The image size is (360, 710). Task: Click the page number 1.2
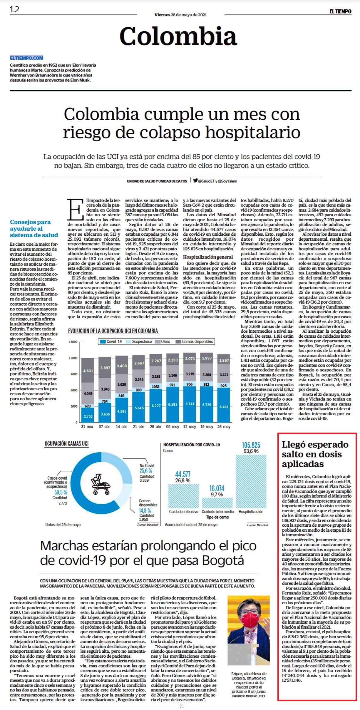click(x=14, y=9)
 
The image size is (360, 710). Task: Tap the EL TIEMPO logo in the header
click(x=340, y=11)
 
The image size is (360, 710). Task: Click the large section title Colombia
click(x=178, y=36)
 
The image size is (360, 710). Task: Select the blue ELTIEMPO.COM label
click(x=26, y=58)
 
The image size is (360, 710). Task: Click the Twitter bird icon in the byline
click(x=195, y=181)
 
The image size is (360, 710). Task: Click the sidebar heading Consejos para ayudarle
click(x=34, y=228)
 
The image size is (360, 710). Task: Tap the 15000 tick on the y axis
click(x=73, y=342)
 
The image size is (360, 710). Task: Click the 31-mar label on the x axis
click(x=87, y=426)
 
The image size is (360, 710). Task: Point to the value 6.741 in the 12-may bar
click(x=190, y=404)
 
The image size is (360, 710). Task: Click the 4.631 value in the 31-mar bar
click(x=88, y=371)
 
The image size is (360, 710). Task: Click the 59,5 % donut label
click(x=61, y=492)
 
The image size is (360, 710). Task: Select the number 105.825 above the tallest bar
click(x=251, y=445)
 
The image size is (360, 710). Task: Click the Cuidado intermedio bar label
click(x=218, y=512)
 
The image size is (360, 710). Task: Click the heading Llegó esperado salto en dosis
click(x=315, y=454)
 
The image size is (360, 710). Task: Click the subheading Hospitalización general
click(x=208, y=257)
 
